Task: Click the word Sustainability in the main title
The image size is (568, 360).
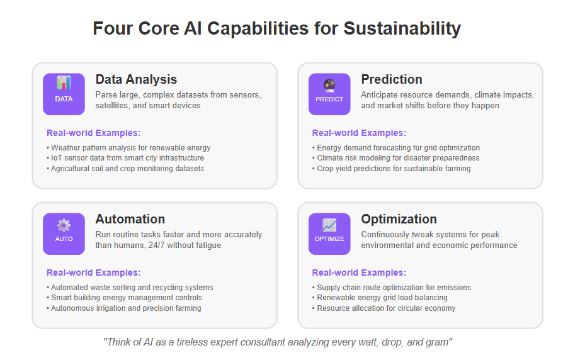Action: click(x=402, y=28)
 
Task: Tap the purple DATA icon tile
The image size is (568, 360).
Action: click(x=64, y=94)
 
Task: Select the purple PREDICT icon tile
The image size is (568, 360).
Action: click(x=329, y=94)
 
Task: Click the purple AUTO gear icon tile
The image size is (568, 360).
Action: click(x=64, y=234)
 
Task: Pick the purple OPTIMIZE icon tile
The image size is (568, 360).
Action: click(x=329, y=234)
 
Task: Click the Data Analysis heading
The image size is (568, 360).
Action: click(x=136, y=79)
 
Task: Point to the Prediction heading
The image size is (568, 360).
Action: click(x=392, y=79)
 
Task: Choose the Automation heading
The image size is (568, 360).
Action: click(x=130, y=219)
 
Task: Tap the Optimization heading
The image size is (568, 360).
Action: click(x=399, y=219)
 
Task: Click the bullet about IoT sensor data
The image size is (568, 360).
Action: click(x=125, y=158)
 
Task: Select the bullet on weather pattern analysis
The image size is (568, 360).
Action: click(x=128, y=148)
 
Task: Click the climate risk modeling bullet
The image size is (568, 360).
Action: click(x=395, y=158)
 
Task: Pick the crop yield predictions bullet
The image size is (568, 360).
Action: click(x=391, y=169)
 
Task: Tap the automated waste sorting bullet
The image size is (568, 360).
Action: click(x=130, y=288)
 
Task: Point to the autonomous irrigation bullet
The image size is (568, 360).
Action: click(x=124, y=308)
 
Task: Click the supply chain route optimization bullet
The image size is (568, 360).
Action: click(x=392, y=288)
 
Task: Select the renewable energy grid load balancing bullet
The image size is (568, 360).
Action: click(x=380, y=298)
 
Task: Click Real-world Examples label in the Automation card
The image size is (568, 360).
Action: click(x=93, y=273)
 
